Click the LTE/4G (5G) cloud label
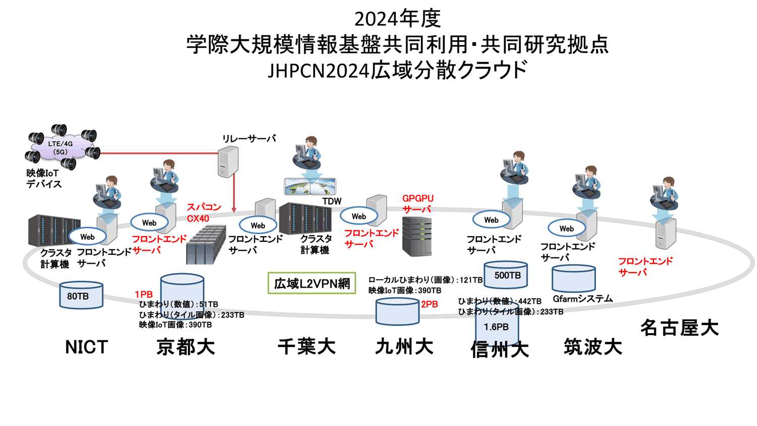tap(61, 147)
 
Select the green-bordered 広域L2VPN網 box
tap(312, 284)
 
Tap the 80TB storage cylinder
tap(81, 296)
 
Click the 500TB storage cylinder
tap(506, 276)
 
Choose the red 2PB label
tap(429, 304)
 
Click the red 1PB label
tap(143, 294)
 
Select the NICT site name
tap(86, 347)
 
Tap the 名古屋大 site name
tap(679, 328)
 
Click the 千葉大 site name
tap(307, 347)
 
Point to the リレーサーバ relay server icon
tap(228, 162)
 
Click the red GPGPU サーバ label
tap(418, 204)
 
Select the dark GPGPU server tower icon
tap(417, 237)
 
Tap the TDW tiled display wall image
tap(310, 186)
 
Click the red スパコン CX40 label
tap(204, 212)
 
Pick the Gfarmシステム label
tap(582, 299)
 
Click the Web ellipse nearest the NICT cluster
tap(87, 237)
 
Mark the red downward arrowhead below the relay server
tap(234, 209)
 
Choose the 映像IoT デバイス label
tap(44, 179)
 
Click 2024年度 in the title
tap(398, 19)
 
